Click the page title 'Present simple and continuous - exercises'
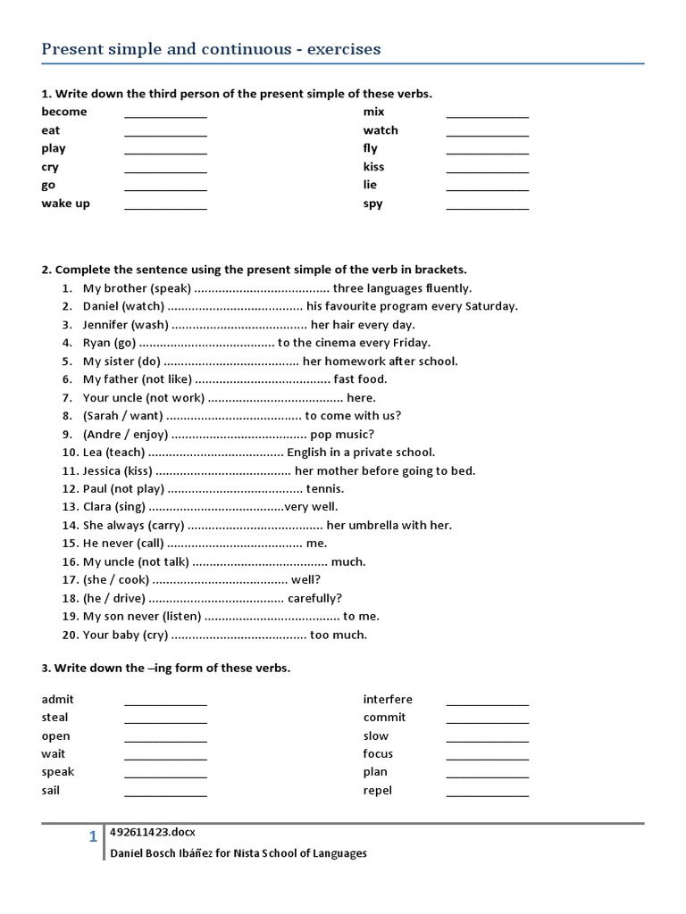pos(211,49)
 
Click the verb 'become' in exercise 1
pos(64,112)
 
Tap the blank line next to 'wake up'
pos(165,206)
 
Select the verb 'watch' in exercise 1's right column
pos(381,130)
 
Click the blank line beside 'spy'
pos(487,206)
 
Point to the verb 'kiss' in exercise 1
pos(373,167)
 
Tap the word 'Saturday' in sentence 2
pos(490,306)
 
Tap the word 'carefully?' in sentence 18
pos(314,598)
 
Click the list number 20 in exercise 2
pos(71,635)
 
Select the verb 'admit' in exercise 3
pos(57,699)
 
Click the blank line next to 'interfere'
pos(487,702)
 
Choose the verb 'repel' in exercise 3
pos(377,790)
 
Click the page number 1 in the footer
pos(92,837)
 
